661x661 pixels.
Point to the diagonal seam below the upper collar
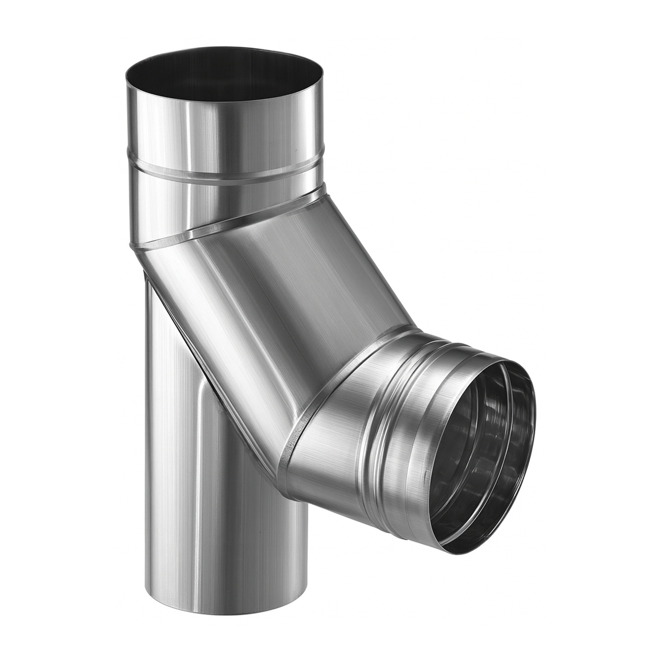coord(225,225)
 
